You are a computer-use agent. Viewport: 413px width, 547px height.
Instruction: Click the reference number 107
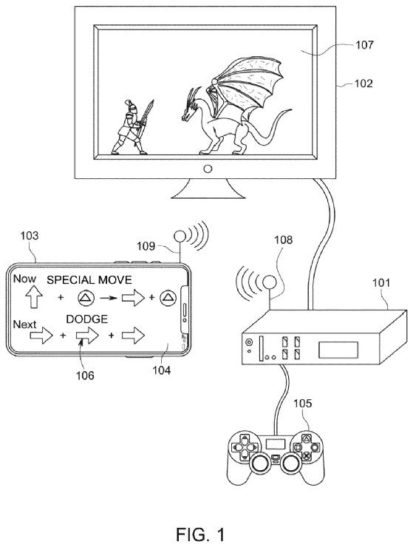(364, 45)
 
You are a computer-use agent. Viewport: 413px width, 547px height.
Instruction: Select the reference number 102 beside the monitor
(363, 84)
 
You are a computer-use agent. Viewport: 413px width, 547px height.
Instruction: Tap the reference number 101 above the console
(382, 282)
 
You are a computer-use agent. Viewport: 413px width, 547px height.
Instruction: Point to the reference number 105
(302, 404)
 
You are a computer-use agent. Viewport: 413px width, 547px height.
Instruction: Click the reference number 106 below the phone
(86, 375)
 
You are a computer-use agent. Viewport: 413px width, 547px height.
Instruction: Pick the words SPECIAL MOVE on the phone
(89, 279)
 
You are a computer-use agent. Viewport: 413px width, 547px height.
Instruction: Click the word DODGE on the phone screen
(87, 319)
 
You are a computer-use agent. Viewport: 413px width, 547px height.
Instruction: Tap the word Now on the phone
(24, 279)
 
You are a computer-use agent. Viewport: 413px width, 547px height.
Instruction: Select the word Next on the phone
(25, 325)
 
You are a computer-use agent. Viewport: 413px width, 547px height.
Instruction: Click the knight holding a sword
(132, 127)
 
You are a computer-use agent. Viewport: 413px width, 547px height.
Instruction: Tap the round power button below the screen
(208, 169)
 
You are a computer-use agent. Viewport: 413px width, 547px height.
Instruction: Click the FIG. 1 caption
(200, 534)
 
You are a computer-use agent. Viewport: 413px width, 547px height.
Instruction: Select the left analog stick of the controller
(259, 463)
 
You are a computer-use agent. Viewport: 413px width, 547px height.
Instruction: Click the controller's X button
(307, 455)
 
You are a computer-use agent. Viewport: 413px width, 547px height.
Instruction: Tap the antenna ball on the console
(269, 282)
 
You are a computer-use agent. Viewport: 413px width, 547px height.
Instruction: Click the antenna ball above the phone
(180, 237)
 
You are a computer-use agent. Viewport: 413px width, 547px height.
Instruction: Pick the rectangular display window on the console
(338, 350)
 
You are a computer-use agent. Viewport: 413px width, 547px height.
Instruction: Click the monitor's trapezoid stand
(208, 188)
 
